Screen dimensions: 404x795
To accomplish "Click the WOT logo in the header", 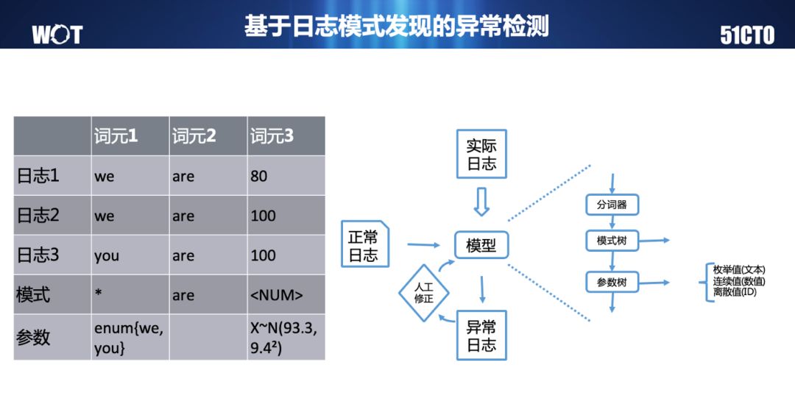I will [x=57, y=34].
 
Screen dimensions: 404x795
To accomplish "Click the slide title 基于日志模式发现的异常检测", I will [x=397, y=26].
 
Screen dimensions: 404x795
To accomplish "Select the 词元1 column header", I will [x=116, y=136].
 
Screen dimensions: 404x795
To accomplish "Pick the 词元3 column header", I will [x=272, y=136].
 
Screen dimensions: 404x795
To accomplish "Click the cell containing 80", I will [x=258, y=176].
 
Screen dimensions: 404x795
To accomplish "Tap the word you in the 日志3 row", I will [x=106, y=255].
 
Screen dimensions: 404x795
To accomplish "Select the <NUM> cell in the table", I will [x=276, y=295].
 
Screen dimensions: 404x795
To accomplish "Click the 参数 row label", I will [x=34, y=336].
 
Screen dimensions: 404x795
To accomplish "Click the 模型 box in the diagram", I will [x=481, y=245].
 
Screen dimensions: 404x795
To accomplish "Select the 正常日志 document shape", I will [x=364, y=246].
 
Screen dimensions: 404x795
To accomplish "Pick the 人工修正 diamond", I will [x=423, y=293].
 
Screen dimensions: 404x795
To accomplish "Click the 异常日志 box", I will [x=481, y=336].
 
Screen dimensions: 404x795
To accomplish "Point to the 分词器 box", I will [x=612, y=205].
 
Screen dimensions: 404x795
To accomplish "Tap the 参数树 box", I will [x=612, y=282].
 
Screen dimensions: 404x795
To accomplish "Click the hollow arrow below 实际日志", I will [x=481, y=200].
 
